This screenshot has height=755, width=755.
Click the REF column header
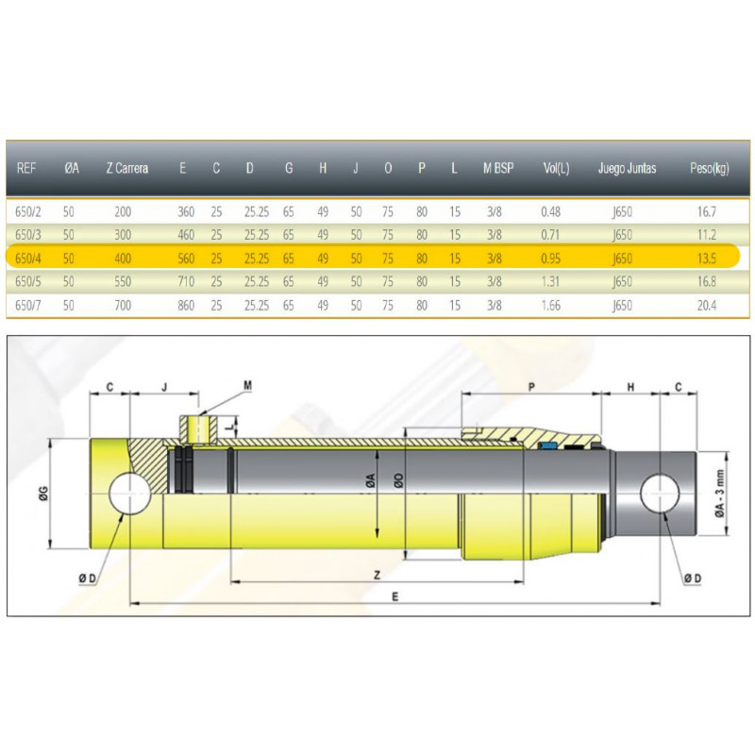tap(26, 169)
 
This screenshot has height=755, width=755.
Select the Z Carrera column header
tap(126, 169)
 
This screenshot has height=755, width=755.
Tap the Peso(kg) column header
tap(710, 169)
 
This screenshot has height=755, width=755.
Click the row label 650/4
tap(28, 257)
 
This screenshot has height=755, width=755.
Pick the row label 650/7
tap(28, 304)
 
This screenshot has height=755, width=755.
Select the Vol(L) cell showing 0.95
tap(551, 257)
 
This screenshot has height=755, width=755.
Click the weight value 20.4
tap(705, 304)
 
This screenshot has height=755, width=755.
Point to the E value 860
tap(187, 304)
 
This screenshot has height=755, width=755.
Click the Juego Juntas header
tap(627, 169)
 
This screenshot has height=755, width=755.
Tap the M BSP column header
tap(497, 169)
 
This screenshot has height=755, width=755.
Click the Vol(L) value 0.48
tap(551, 211)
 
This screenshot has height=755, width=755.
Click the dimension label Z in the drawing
tap(376, 573)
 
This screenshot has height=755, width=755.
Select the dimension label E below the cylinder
tap(394, 596)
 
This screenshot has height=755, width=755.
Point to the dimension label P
tap(531, 388)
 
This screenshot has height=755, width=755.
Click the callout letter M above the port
tap(247, 385)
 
